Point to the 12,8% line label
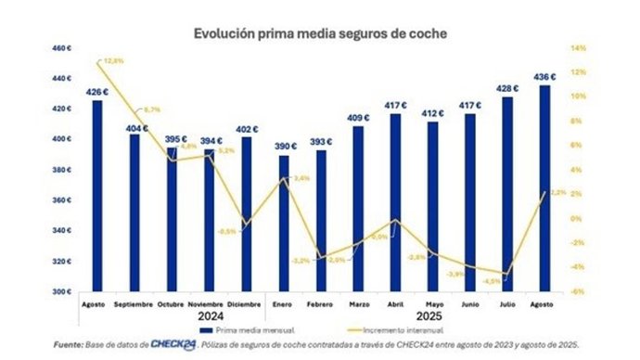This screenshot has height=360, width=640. coord(115,61)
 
